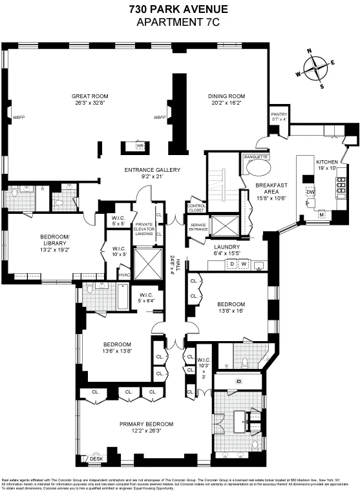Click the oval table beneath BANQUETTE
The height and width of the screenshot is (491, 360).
click(x=257, y=171)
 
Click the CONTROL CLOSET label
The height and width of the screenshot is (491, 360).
click(x=196, y=208)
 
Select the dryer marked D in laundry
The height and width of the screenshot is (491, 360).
click(x=233, y=264)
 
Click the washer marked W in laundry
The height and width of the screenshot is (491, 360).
click(x=244, y=264)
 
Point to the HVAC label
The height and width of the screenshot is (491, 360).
click(x=124, y=275)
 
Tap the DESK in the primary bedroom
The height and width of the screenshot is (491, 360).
click(x=96, y=459)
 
